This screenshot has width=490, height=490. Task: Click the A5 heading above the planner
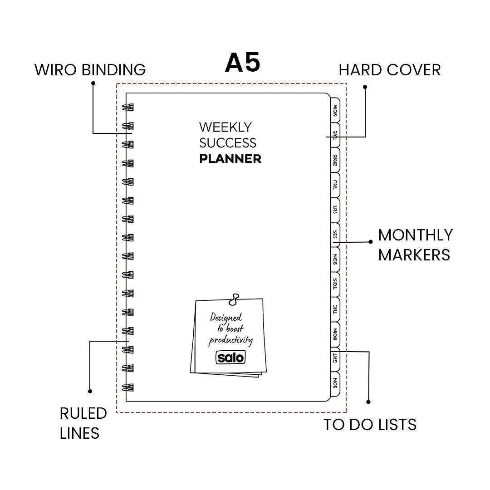(x=243, y=63)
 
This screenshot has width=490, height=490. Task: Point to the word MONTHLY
(x=415, y=235)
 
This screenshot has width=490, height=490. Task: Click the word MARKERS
(x=414, y=255)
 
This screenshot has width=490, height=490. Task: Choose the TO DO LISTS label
(x=370, y=425)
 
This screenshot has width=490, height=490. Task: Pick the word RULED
(x=83, y=413)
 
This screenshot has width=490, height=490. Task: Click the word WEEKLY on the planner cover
(x=225, y=127)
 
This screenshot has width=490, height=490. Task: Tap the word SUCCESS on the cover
(x=228, y=143)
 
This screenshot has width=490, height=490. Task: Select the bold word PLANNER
(x=230, y=159)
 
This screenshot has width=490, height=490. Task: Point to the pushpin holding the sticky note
(x=234, y=299)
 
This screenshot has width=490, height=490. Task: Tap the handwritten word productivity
(x=230, y=340)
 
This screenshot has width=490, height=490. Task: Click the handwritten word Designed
(x=226, y=318)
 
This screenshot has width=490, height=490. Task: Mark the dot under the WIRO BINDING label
(x=93, y=83)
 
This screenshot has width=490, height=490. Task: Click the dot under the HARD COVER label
(x=365, y=86)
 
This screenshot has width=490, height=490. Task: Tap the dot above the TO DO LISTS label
(x=368, y=402)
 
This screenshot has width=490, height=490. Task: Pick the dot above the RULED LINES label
(x=90, y=391)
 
